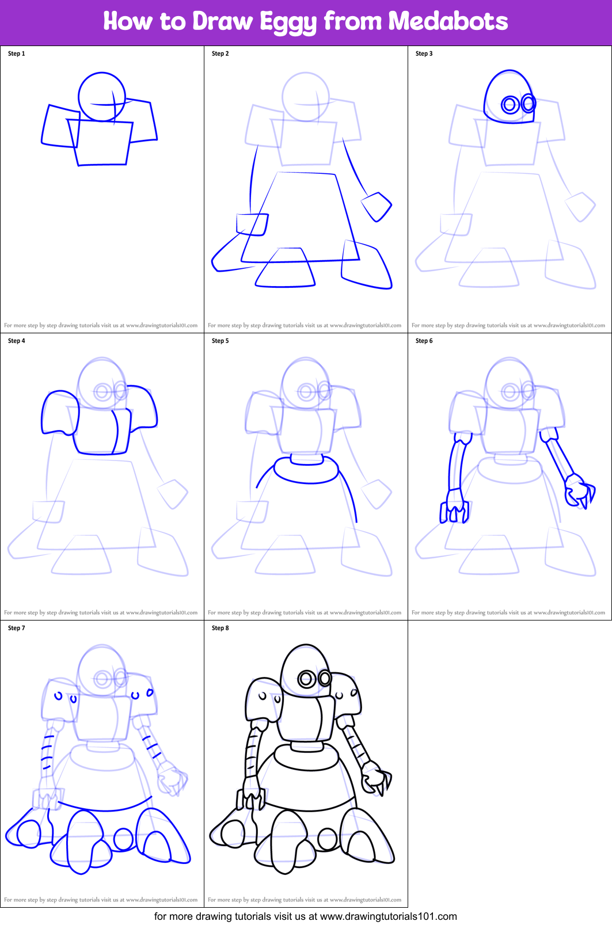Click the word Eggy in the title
point(288,22)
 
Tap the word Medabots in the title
point(448,21)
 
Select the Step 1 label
point(17,54)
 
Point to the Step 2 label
point(221,54)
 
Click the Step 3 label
point(424,54)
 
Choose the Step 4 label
point(17,341)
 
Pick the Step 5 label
point(221,341)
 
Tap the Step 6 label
point(424,341)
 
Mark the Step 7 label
point(17,628)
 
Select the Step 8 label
point(221,628)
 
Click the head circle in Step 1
point(102,96)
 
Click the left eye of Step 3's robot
point(510,104)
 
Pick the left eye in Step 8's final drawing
point(306,679)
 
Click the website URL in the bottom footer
point(388,916)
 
